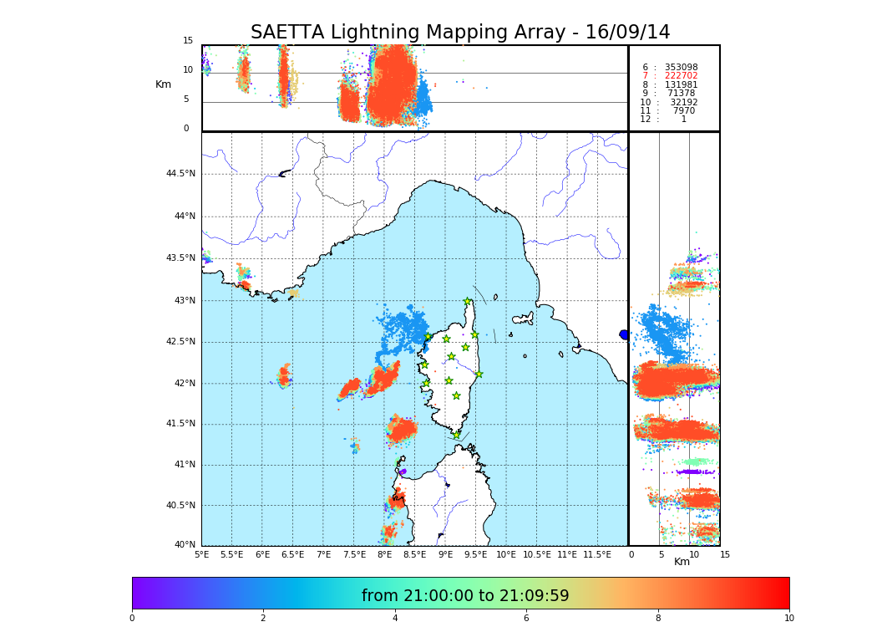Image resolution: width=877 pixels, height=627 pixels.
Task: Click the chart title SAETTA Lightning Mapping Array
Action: (460, 33)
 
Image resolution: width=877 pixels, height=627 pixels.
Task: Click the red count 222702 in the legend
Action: (681, 76)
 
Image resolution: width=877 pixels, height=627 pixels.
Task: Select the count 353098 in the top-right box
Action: (681, 68)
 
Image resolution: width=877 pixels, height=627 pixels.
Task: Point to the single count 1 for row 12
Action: (683, 120)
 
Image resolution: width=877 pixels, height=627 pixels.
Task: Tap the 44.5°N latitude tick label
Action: (180, 174)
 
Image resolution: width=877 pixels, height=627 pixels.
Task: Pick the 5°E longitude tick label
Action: (201, 554)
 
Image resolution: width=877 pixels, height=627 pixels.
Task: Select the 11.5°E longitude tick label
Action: (597, 554)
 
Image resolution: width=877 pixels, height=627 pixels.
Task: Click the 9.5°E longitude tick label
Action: (475, 554)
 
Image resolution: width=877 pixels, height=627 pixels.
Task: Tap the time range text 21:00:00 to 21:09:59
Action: (465, 596)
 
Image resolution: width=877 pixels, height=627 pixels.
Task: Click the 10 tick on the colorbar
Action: (788, 618)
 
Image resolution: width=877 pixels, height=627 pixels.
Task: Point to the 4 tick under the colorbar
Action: (395, 618)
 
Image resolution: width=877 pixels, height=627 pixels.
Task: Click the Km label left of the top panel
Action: (163, 84)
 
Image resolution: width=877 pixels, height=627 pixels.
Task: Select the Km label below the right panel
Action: (682, 562)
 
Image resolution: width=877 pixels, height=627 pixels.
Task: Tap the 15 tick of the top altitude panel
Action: (188, 41)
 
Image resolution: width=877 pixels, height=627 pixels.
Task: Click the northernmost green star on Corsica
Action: (468, 302)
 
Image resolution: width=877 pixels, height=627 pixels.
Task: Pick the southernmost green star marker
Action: (456, 435)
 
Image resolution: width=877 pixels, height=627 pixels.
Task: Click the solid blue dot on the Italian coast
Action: (624, 334)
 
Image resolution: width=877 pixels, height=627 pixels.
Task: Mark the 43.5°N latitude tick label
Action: (180, 258)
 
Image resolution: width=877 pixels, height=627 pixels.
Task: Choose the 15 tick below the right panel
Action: (724, 554)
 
